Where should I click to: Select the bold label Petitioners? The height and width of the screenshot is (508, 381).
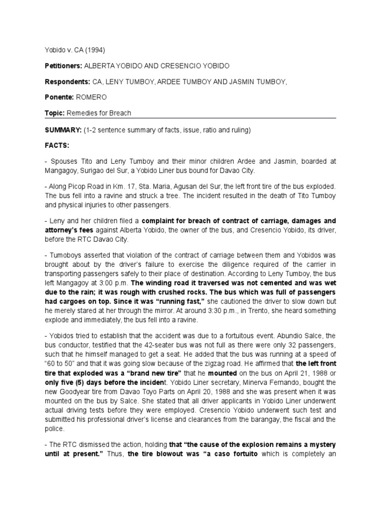[63, 66]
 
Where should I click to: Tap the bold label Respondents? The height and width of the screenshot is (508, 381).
[66, 81]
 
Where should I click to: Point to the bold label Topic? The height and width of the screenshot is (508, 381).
[55, 113]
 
